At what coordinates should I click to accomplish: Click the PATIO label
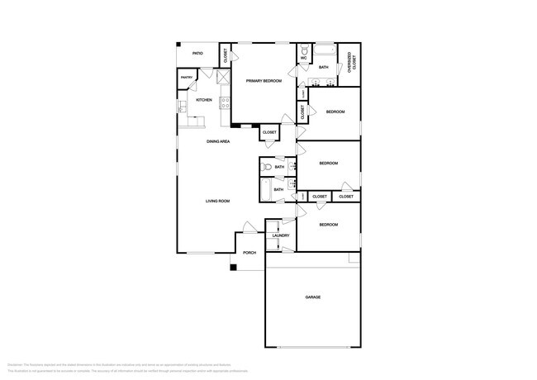tap(197, 53)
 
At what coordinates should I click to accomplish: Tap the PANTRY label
tap(186, 78)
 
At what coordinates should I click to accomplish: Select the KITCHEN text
tap(203, 100)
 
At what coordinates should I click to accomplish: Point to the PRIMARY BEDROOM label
tap(264, 80)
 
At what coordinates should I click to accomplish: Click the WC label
tap(303, 59)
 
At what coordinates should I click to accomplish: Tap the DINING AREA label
tap(218, 141)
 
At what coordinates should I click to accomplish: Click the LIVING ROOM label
tap(217, 202)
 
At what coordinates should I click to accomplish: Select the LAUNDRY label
tap(280, 235)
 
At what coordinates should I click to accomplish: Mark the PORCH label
tap(249, 252)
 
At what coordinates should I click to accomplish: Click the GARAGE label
tap(312, 297)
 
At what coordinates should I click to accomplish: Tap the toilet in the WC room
tap(304, 50)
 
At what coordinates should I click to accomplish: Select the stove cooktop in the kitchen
tap(223, 103)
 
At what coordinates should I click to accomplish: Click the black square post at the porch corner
tap(234, 267)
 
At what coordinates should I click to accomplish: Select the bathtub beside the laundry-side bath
tap(264, 191)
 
